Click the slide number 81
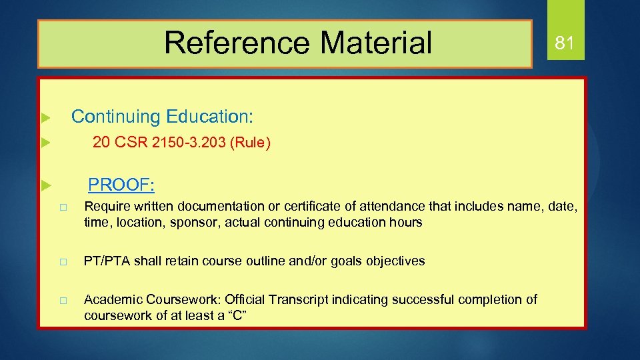click(564, 43)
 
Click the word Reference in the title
click(237, 43)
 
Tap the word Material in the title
click(376, 43)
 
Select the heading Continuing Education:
click(162, 117)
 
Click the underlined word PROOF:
click(122, 184)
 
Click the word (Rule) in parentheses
click(250, 143)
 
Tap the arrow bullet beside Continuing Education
click(45, 118)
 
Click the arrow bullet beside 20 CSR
click(45, 142)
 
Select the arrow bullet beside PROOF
click(45, 184)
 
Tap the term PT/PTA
click(106, 261)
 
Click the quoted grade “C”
click(237, 315)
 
